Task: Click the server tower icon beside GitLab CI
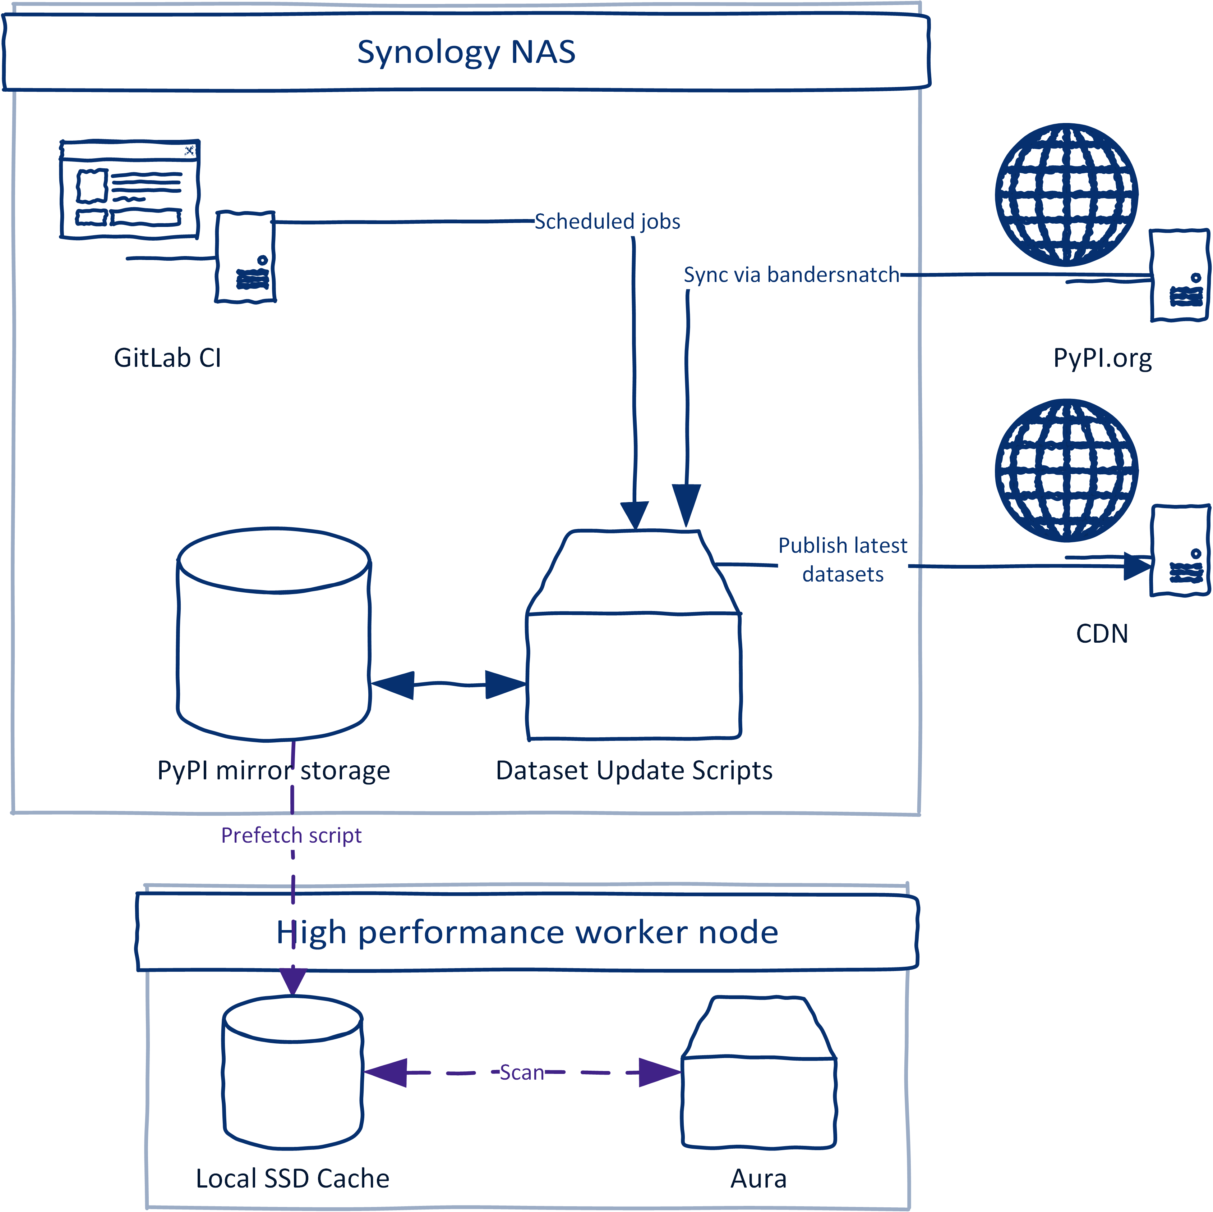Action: click(x=245, y=257)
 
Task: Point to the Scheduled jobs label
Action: click(x=607, y=221)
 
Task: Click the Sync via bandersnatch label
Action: click(x=791, y=274)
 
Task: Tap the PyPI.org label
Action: click(x=1102, y=357)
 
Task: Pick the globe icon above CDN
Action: click(x=1066, y=470)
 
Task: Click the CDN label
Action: click(x=1102, y=633)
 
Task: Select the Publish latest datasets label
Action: click(x=843, y=559)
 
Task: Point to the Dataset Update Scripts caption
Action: click(x=634, y=770)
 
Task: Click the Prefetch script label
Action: click(x=291, y=835)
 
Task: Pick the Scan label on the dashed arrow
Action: click(x=522, y=1072)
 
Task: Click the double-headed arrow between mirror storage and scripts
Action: click(x=448, y=684)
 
